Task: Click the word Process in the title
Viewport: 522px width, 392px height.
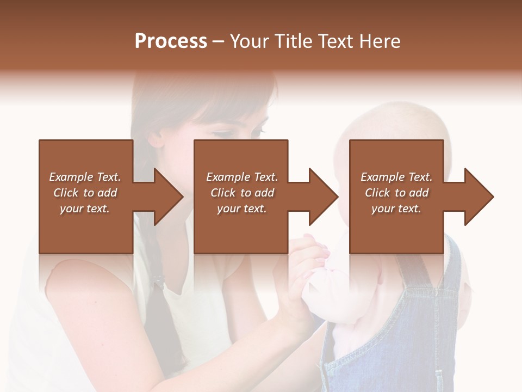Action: (171, 41)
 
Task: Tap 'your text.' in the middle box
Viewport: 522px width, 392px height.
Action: (241, 209)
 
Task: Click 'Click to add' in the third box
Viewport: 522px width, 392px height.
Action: (396, 193)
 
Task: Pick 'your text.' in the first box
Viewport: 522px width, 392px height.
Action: (84, 209)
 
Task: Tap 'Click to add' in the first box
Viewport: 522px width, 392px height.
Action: (85, 193)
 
